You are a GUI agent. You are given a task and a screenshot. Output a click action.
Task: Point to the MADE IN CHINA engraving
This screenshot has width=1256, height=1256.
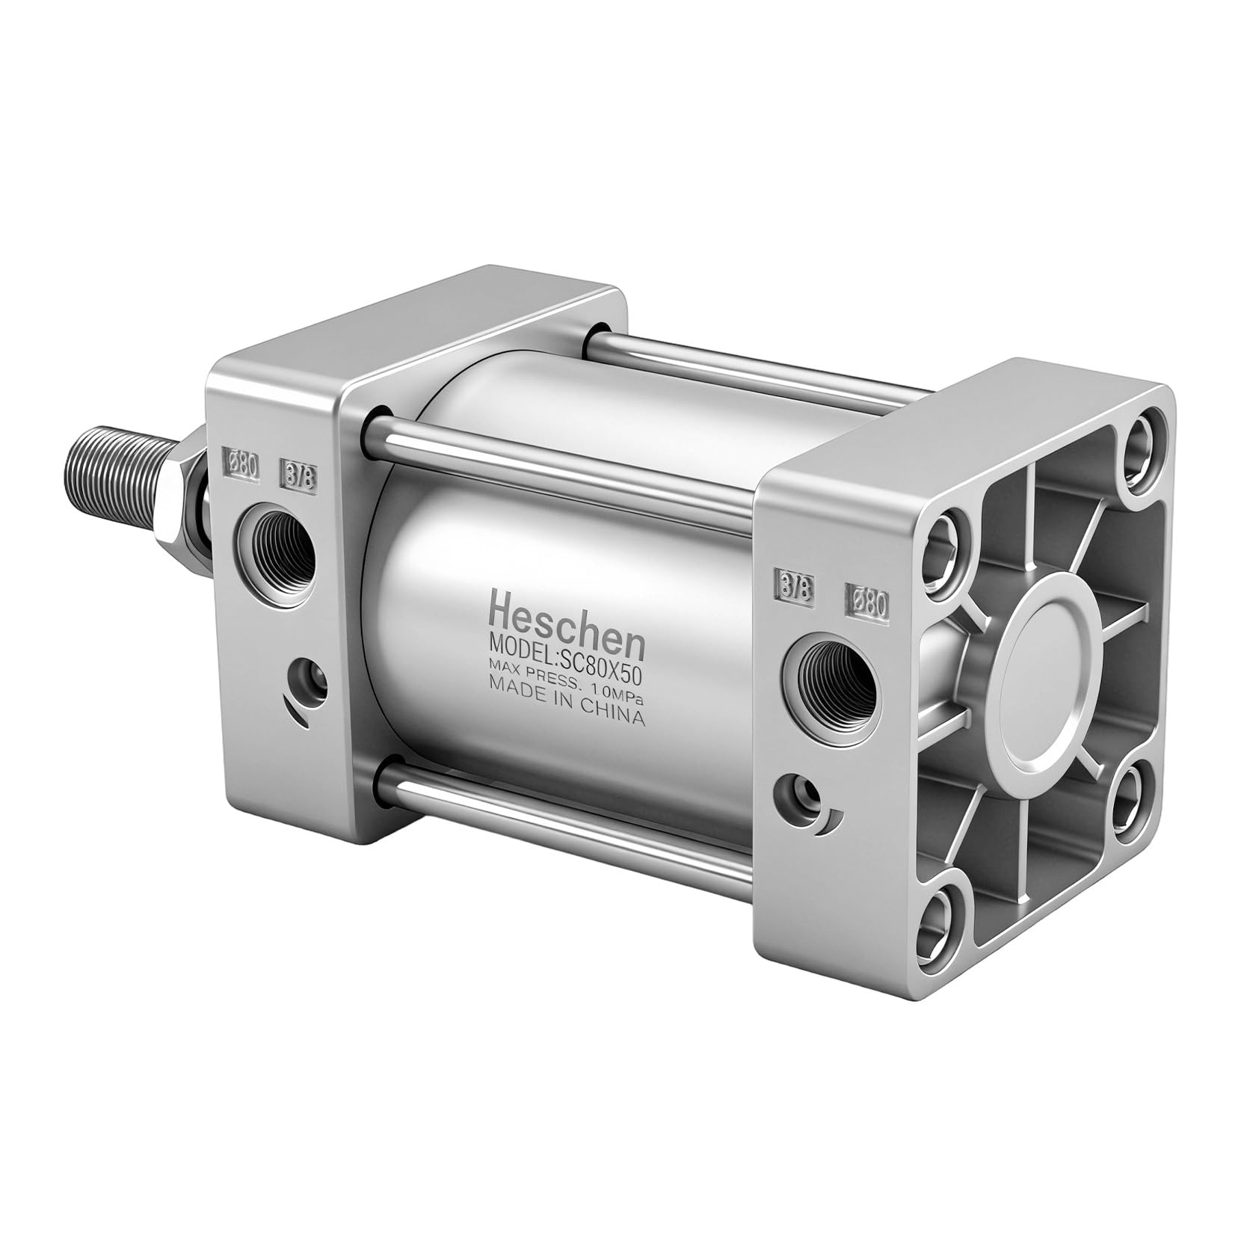565,707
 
